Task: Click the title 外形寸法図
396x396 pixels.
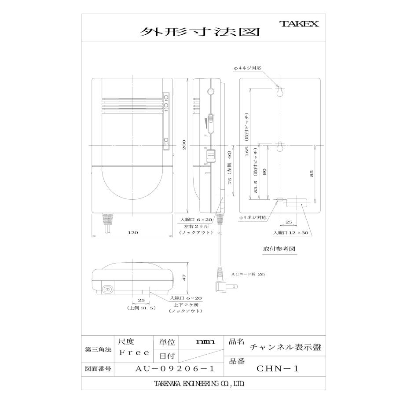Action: pyautogui.click(x=199, y=33)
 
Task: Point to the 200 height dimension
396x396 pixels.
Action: pyautogui.click(x=185, y=145)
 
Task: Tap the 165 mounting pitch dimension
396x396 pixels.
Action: pyautogui.click(x=247, y=152)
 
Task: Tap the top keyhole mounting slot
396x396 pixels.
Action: pyautogui.click(x=279, y=92)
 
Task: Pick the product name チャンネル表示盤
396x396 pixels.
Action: pyautogui.click(x=285, y=347)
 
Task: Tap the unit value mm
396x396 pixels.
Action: pyautogui.click(x=205, y=341)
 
